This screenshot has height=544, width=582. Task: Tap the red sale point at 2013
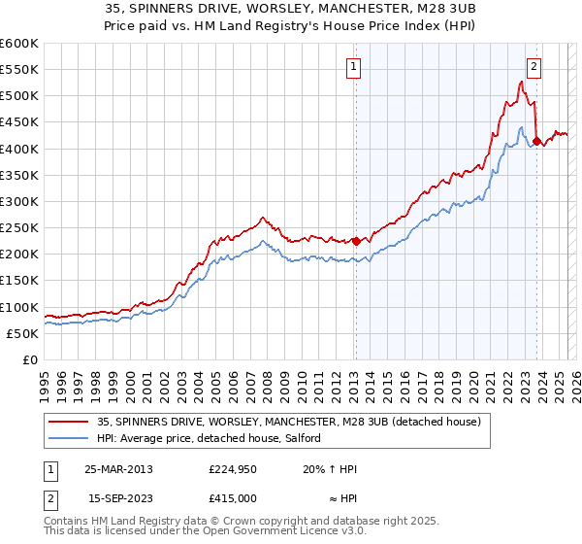355,241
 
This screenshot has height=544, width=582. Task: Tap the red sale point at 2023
536,142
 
